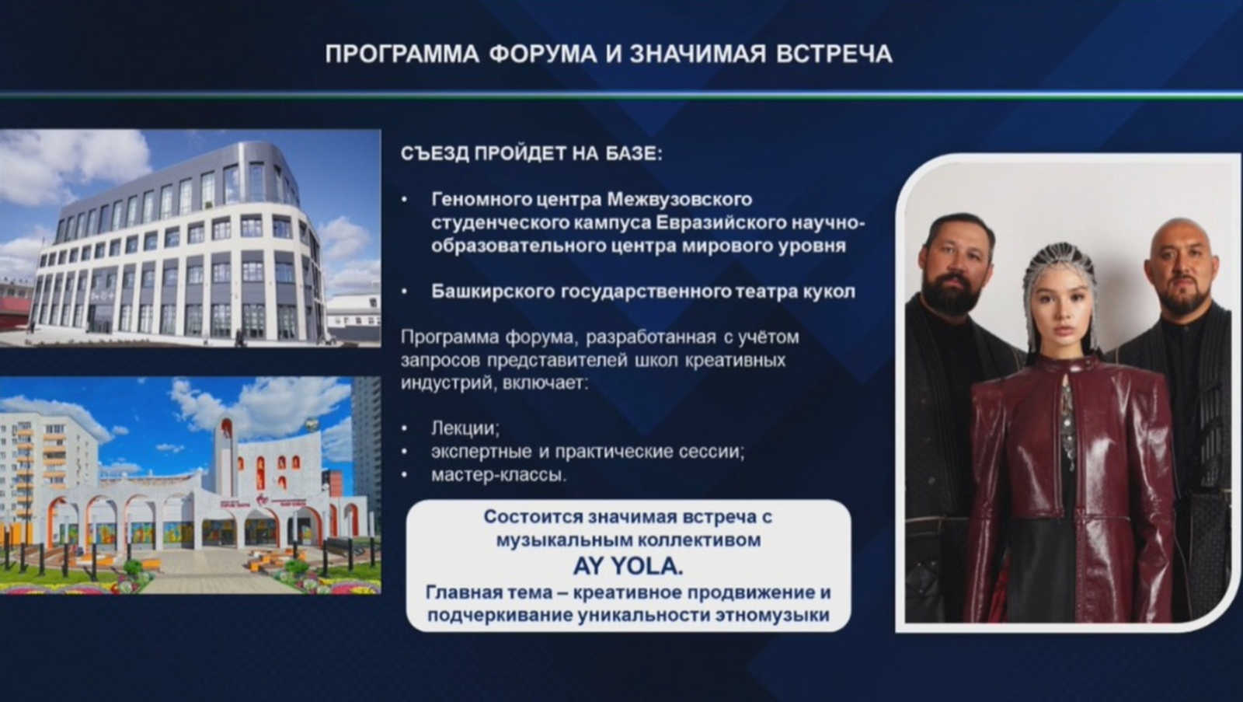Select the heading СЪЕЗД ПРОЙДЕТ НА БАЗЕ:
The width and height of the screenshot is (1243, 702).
pyautogui.click(x=531, y=153)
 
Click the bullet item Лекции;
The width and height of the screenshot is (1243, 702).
pyautogui.click(x=465, y=428)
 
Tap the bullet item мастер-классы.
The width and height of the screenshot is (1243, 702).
pyautogui.click(x=499, y=474)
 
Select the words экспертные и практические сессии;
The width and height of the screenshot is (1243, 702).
pyautogui.click(x=587, y=451)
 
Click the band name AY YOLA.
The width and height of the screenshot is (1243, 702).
pyautogui.click(x=628, y=566)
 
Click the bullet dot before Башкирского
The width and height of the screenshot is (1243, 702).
pyautogui.click(x=405, y=292)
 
